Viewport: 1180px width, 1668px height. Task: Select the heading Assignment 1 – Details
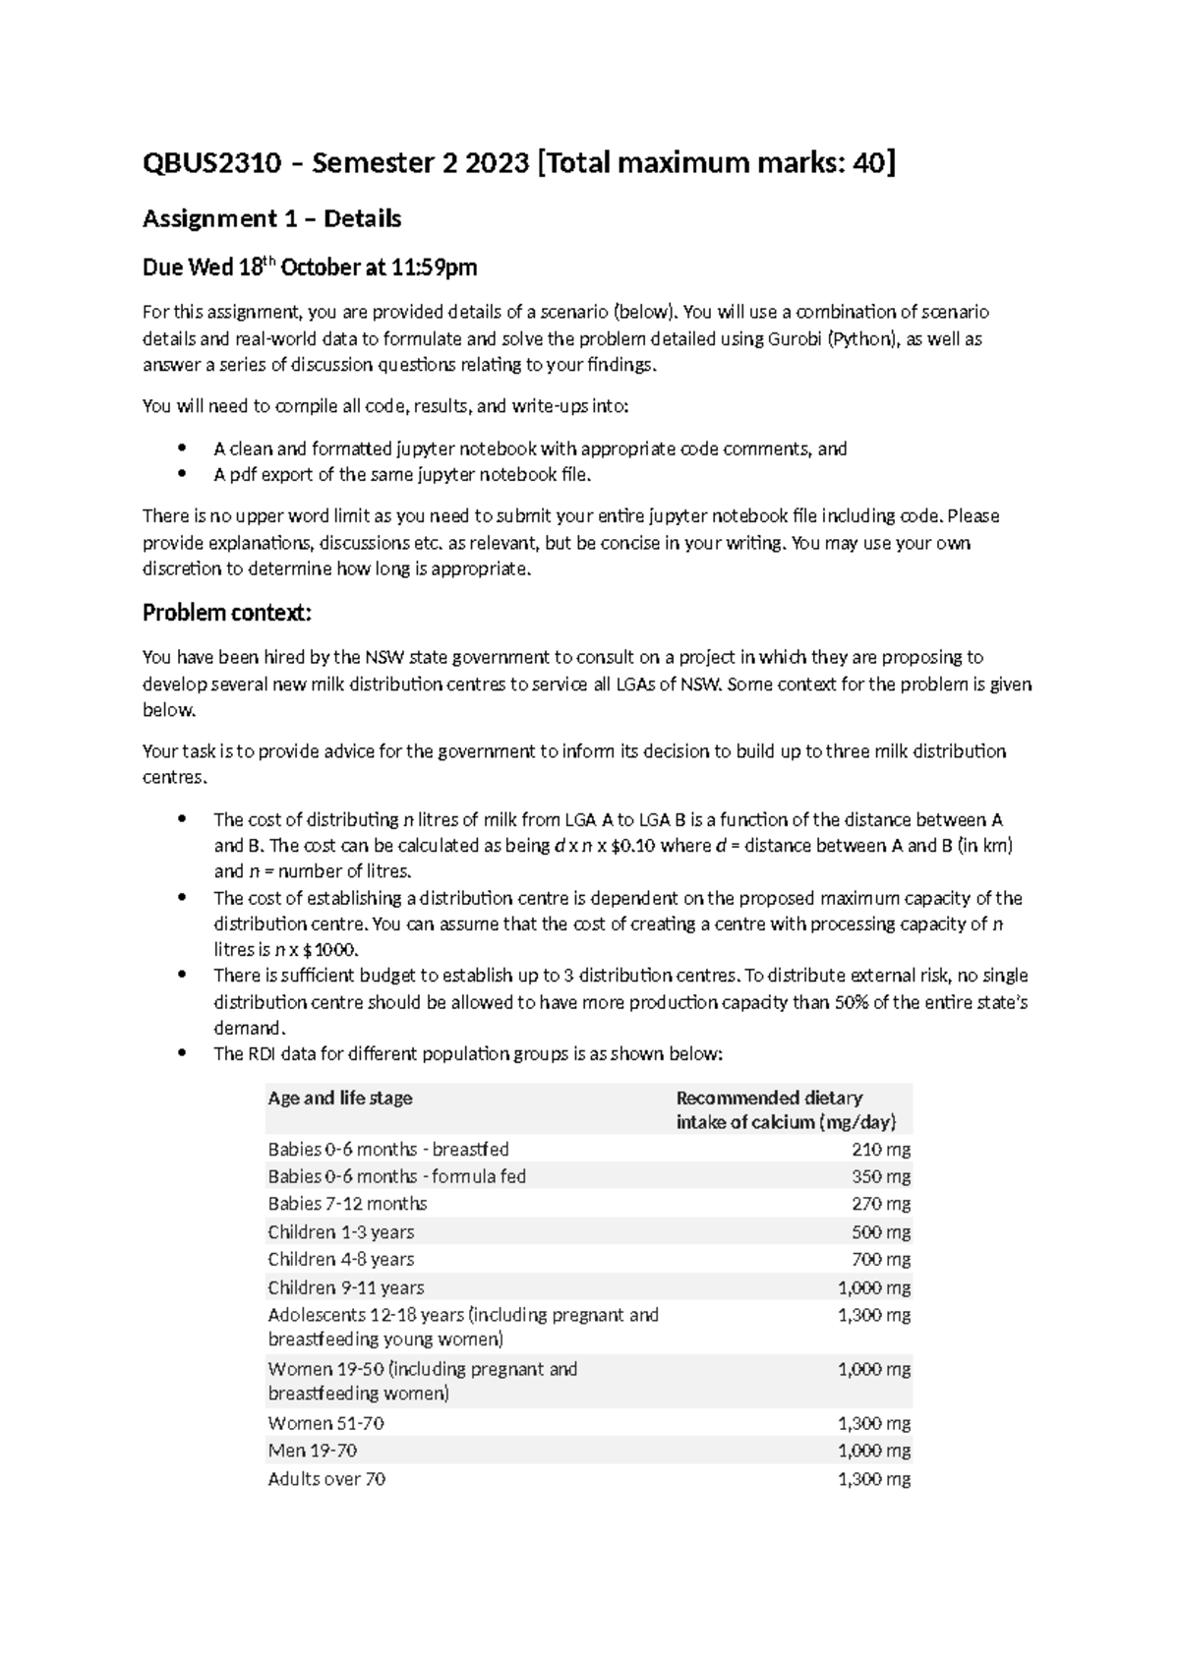coord(271,218)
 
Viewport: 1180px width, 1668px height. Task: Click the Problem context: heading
coord(227,614)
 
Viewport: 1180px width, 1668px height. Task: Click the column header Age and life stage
coord(340,1099)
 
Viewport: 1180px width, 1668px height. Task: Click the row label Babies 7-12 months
coord(347,1204)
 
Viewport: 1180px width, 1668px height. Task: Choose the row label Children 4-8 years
coord(341,1260)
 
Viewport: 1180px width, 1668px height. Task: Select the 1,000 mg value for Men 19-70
coord(874,1451)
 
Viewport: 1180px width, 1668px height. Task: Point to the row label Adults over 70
coord(326,1479)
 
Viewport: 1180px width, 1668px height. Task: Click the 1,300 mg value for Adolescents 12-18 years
coord(874,1315)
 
